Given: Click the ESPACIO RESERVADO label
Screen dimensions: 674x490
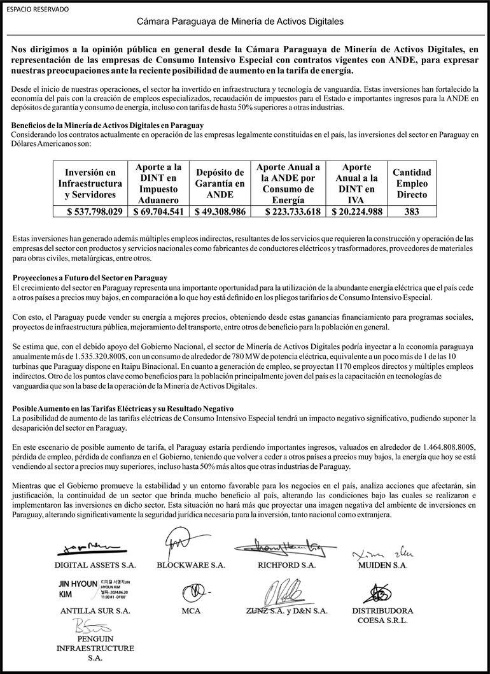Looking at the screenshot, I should point(37,10).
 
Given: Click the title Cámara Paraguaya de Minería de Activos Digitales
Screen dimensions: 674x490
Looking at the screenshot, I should point(241,22).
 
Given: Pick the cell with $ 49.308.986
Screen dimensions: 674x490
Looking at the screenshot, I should point(220,212).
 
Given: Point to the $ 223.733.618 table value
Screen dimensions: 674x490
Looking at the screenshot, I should point(288,212).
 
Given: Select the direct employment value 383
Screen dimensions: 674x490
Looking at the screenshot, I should point(411,212).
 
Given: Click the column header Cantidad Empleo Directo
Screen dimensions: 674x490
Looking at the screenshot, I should point(411,183).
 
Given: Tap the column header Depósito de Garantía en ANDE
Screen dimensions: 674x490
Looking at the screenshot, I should point(220,183).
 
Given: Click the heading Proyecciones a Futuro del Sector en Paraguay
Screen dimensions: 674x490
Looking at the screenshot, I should point(90,278).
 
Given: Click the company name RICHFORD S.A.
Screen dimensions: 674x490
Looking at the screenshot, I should point(286,565).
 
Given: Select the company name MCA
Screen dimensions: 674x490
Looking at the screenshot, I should point(191,611).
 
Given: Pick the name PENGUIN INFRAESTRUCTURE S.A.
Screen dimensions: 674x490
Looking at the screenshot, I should point(95,648).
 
